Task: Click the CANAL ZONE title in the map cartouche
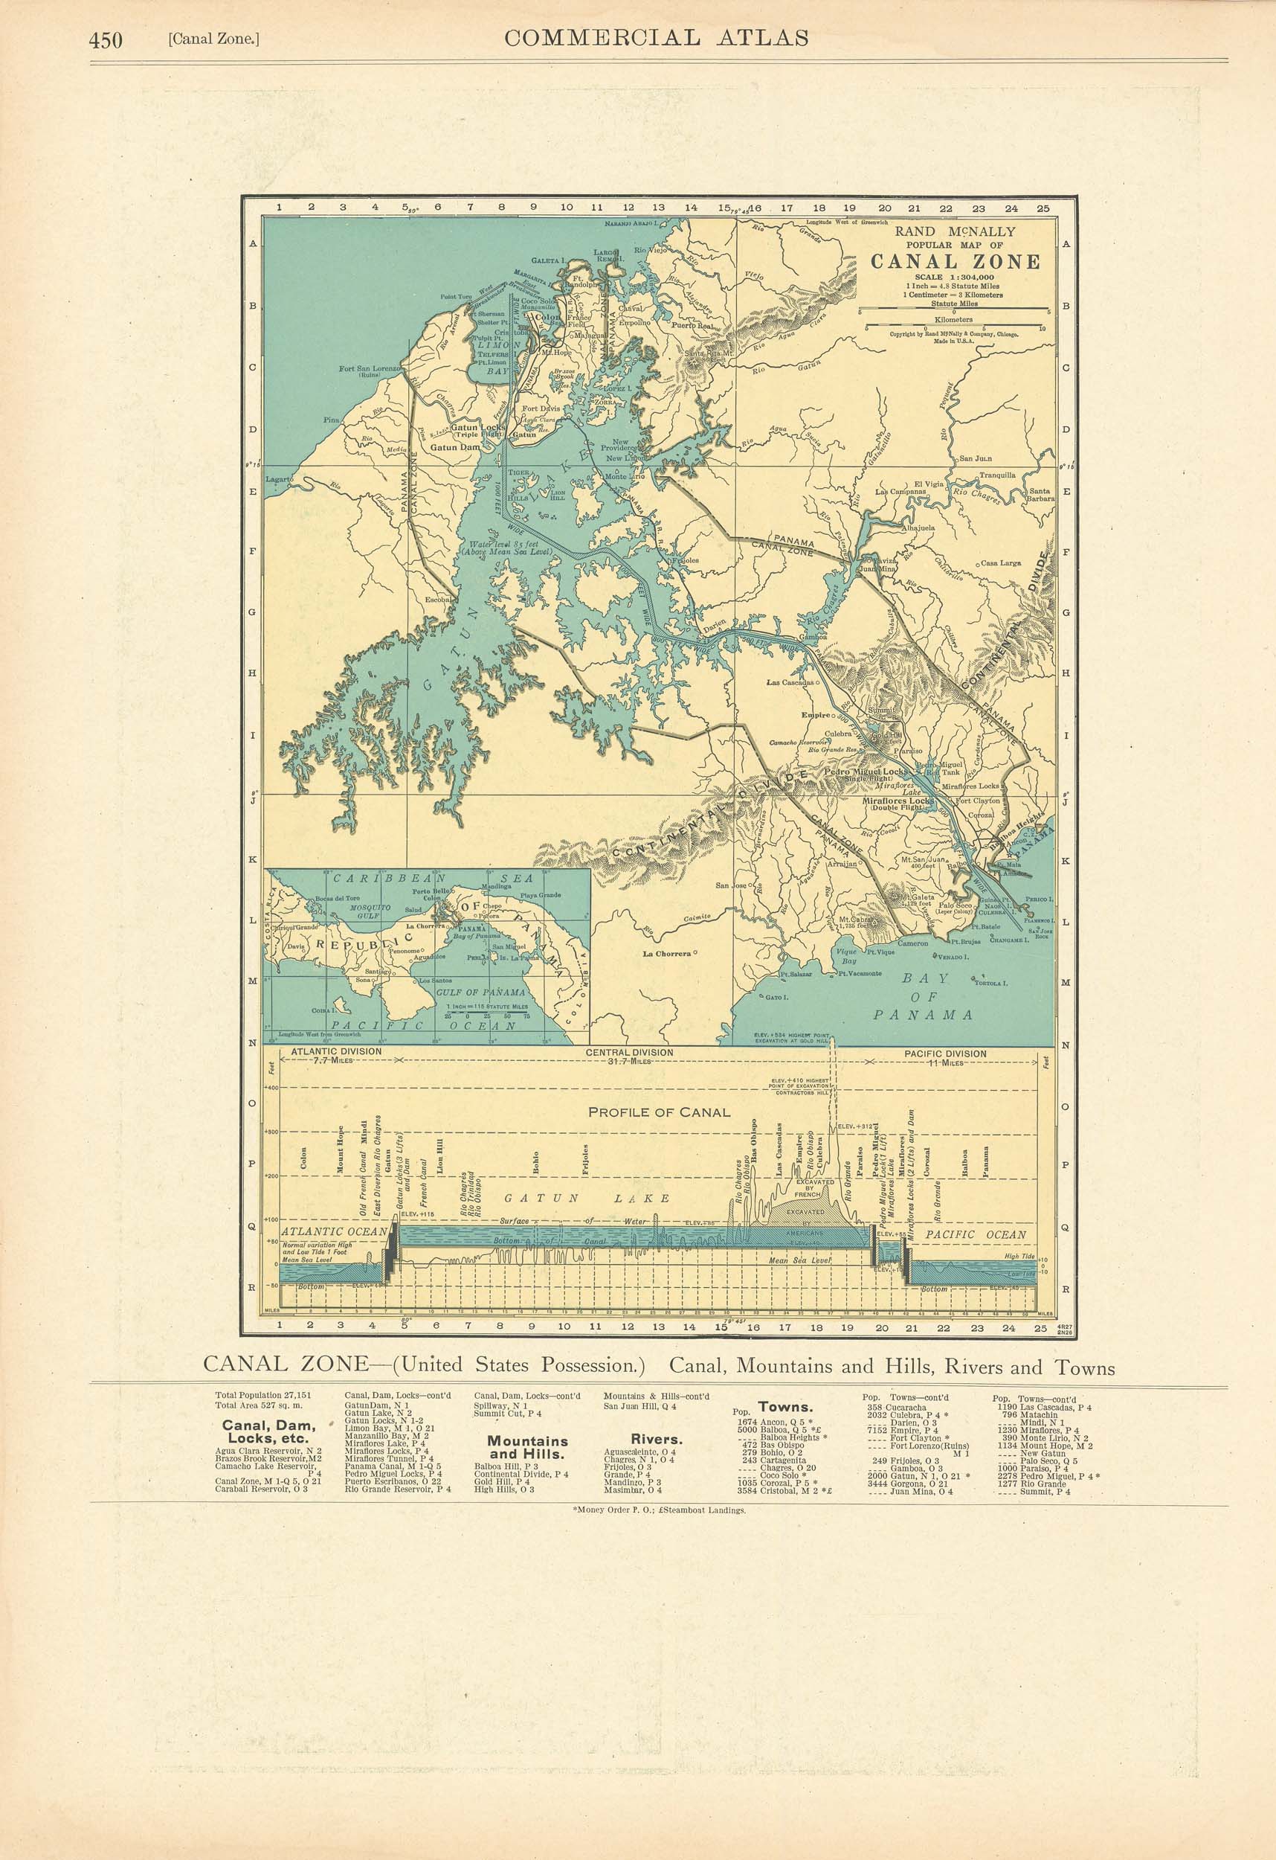(956, 263)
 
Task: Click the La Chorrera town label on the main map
(667, 954)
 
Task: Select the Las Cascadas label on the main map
(790, 684)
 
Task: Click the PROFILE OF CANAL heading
(660, 1112)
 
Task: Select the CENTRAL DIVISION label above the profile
(630, 1053)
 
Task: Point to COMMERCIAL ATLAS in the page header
(656, 39)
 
